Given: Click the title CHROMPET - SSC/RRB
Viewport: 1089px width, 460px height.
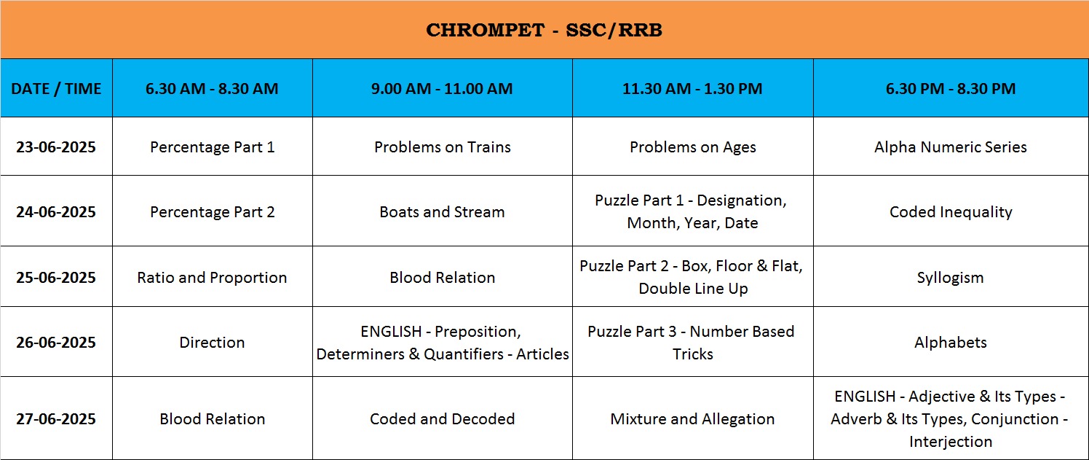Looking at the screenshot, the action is (x=544, y=30).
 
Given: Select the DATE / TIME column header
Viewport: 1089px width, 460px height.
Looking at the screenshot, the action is (x=56, y=89).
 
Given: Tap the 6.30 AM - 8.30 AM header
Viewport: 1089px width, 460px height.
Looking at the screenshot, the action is (x=212, y=89).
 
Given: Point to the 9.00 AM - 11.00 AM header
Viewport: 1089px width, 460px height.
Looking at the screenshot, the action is (x=442, y=89).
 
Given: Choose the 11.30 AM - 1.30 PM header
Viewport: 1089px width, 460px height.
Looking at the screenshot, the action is (x=692, y=89).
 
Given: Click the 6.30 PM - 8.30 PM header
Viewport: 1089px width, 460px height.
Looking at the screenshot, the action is (x=951, y=89).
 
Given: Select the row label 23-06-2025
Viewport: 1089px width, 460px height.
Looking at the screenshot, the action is (x=56, y=147).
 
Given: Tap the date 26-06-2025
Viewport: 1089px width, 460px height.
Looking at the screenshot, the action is (x=56, y=342).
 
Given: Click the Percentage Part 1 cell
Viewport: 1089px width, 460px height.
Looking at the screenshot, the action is (x=213, y=147).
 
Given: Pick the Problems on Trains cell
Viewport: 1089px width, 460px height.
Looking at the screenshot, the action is (x=443, y=147).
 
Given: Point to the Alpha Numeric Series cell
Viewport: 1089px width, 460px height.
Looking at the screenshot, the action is (x=951, y=147).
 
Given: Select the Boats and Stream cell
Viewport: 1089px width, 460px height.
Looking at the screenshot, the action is (x=442, y=211).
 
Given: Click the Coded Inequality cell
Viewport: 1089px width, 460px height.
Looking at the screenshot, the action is (x=951, y=212).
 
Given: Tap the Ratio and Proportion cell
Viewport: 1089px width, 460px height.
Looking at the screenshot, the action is (x=212, y=278).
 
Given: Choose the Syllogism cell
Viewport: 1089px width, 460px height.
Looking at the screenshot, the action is (x=951, y=278).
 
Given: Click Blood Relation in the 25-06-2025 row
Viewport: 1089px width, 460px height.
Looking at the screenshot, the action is (x=443, y=278).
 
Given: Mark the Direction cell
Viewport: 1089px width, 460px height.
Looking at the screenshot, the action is (x=212, y=342).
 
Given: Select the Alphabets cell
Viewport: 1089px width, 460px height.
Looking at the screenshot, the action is (x=951, y=343).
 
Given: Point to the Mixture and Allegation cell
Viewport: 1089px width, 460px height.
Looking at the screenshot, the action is (x=692, y=419).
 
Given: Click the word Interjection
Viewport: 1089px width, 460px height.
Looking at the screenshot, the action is (x=951, y=442).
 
